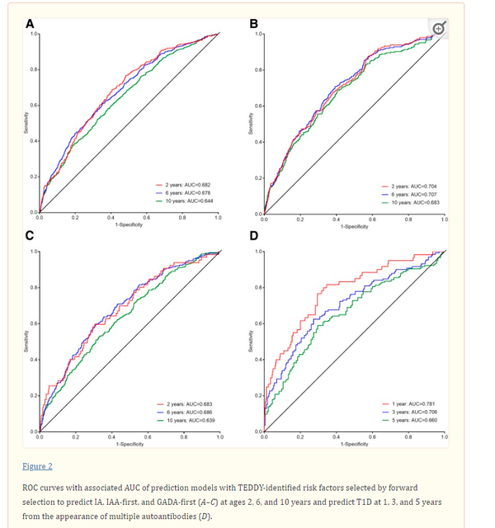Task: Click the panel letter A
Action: coord(31,21)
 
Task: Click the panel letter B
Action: coord(255,22)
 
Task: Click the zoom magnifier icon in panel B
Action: coord(440,28)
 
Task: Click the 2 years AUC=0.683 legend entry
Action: coord(185,403)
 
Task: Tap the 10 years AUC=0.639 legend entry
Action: coord(185,418)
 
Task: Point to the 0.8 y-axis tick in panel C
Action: coord(34,287)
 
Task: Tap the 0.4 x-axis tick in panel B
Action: coord(336,220)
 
